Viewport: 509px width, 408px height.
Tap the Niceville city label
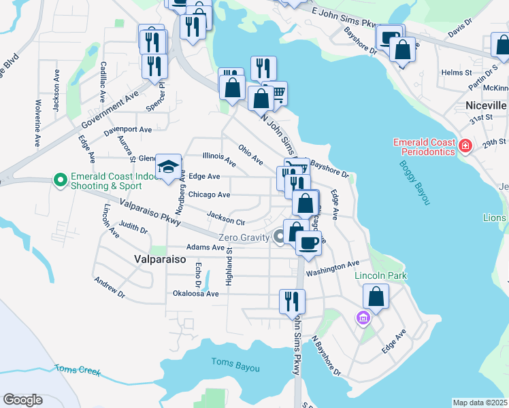486,106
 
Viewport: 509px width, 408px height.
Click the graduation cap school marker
168,167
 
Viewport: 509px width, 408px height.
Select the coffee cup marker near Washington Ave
308,243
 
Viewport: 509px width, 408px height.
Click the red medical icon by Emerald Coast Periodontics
465,145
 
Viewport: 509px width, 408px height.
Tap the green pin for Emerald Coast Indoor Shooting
60,180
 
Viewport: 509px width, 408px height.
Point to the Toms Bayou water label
235,367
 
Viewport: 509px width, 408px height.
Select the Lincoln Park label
380,276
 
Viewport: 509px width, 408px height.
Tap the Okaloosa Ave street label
196,294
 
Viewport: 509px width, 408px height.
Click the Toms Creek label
78,371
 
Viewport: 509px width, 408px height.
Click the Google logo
22,400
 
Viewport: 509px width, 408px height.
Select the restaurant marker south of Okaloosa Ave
293,301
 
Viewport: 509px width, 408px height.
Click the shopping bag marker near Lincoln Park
376,296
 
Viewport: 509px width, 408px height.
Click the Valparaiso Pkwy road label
150,212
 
